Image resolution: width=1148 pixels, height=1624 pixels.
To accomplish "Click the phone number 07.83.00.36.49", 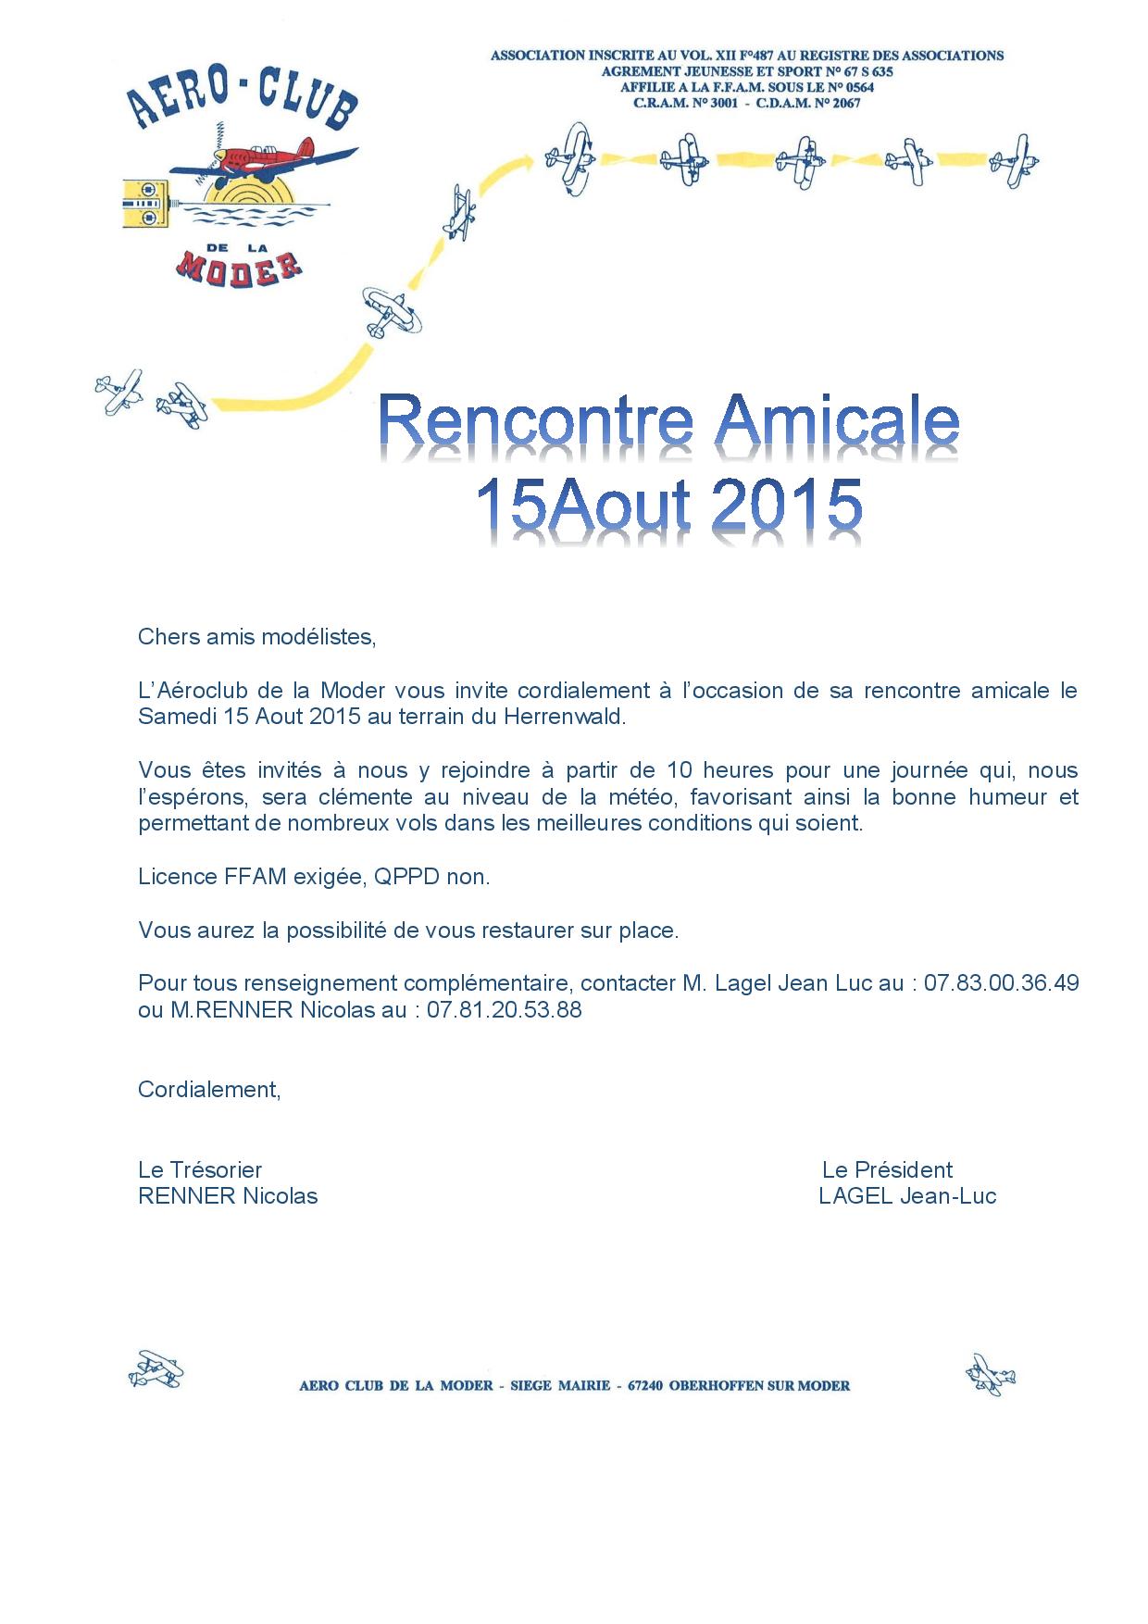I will [1001, 982].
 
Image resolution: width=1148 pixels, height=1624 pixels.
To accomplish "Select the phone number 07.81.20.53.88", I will [505, 1009].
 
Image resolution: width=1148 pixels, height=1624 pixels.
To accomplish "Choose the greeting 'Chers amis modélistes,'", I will [257, 637].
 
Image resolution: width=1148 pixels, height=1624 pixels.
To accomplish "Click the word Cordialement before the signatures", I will [208, 1089].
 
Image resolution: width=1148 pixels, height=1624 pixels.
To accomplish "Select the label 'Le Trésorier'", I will [200, 1169].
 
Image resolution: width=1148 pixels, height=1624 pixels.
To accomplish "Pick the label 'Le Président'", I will [887, 1169].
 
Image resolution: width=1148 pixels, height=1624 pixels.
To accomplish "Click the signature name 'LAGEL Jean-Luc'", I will [907, 1196].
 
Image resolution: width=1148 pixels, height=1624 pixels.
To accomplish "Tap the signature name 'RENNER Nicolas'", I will [228, 1196].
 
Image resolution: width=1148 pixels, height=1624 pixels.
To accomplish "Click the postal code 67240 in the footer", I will [648, 1386].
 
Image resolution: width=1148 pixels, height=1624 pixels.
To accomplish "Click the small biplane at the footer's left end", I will [156, 1368].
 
